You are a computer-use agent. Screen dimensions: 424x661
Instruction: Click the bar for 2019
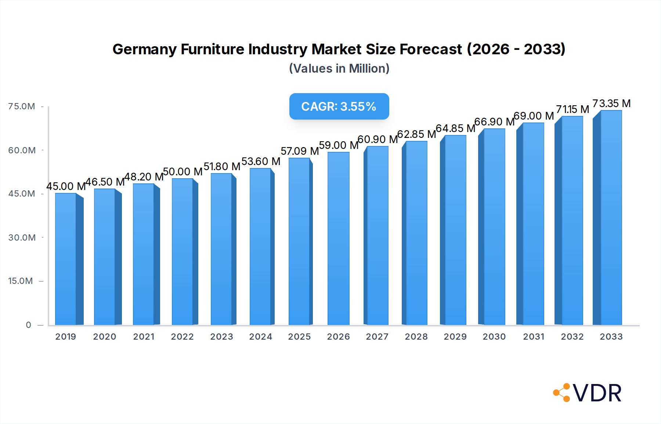66,259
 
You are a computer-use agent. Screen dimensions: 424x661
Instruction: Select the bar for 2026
338,238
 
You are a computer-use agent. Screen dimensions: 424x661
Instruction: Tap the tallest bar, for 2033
611,218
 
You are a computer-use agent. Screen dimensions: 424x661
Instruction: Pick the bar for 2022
183,252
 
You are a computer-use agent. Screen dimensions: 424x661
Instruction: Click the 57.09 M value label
300,151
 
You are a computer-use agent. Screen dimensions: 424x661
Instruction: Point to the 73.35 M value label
611,103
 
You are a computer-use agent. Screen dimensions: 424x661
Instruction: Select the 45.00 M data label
66,186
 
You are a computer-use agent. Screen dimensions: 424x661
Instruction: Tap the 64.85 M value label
455,128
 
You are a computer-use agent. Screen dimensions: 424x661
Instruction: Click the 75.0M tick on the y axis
22,106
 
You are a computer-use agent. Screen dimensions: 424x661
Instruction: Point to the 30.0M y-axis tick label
22,238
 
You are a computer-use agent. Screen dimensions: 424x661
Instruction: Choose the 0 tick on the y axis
28,325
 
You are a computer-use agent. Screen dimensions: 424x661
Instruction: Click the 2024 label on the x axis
260,337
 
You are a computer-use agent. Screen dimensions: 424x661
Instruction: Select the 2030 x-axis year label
494,337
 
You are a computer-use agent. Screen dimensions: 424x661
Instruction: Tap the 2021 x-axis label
144,337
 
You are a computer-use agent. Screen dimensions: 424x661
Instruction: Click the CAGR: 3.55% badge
339,106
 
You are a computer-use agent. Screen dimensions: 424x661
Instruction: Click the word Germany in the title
144,49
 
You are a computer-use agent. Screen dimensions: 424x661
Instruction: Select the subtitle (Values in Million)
339,69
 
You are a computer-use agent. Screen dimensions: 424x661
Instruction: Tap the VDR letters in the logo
597,393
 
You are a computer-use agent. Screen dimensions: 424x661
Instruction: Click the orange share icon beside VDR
562,393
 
